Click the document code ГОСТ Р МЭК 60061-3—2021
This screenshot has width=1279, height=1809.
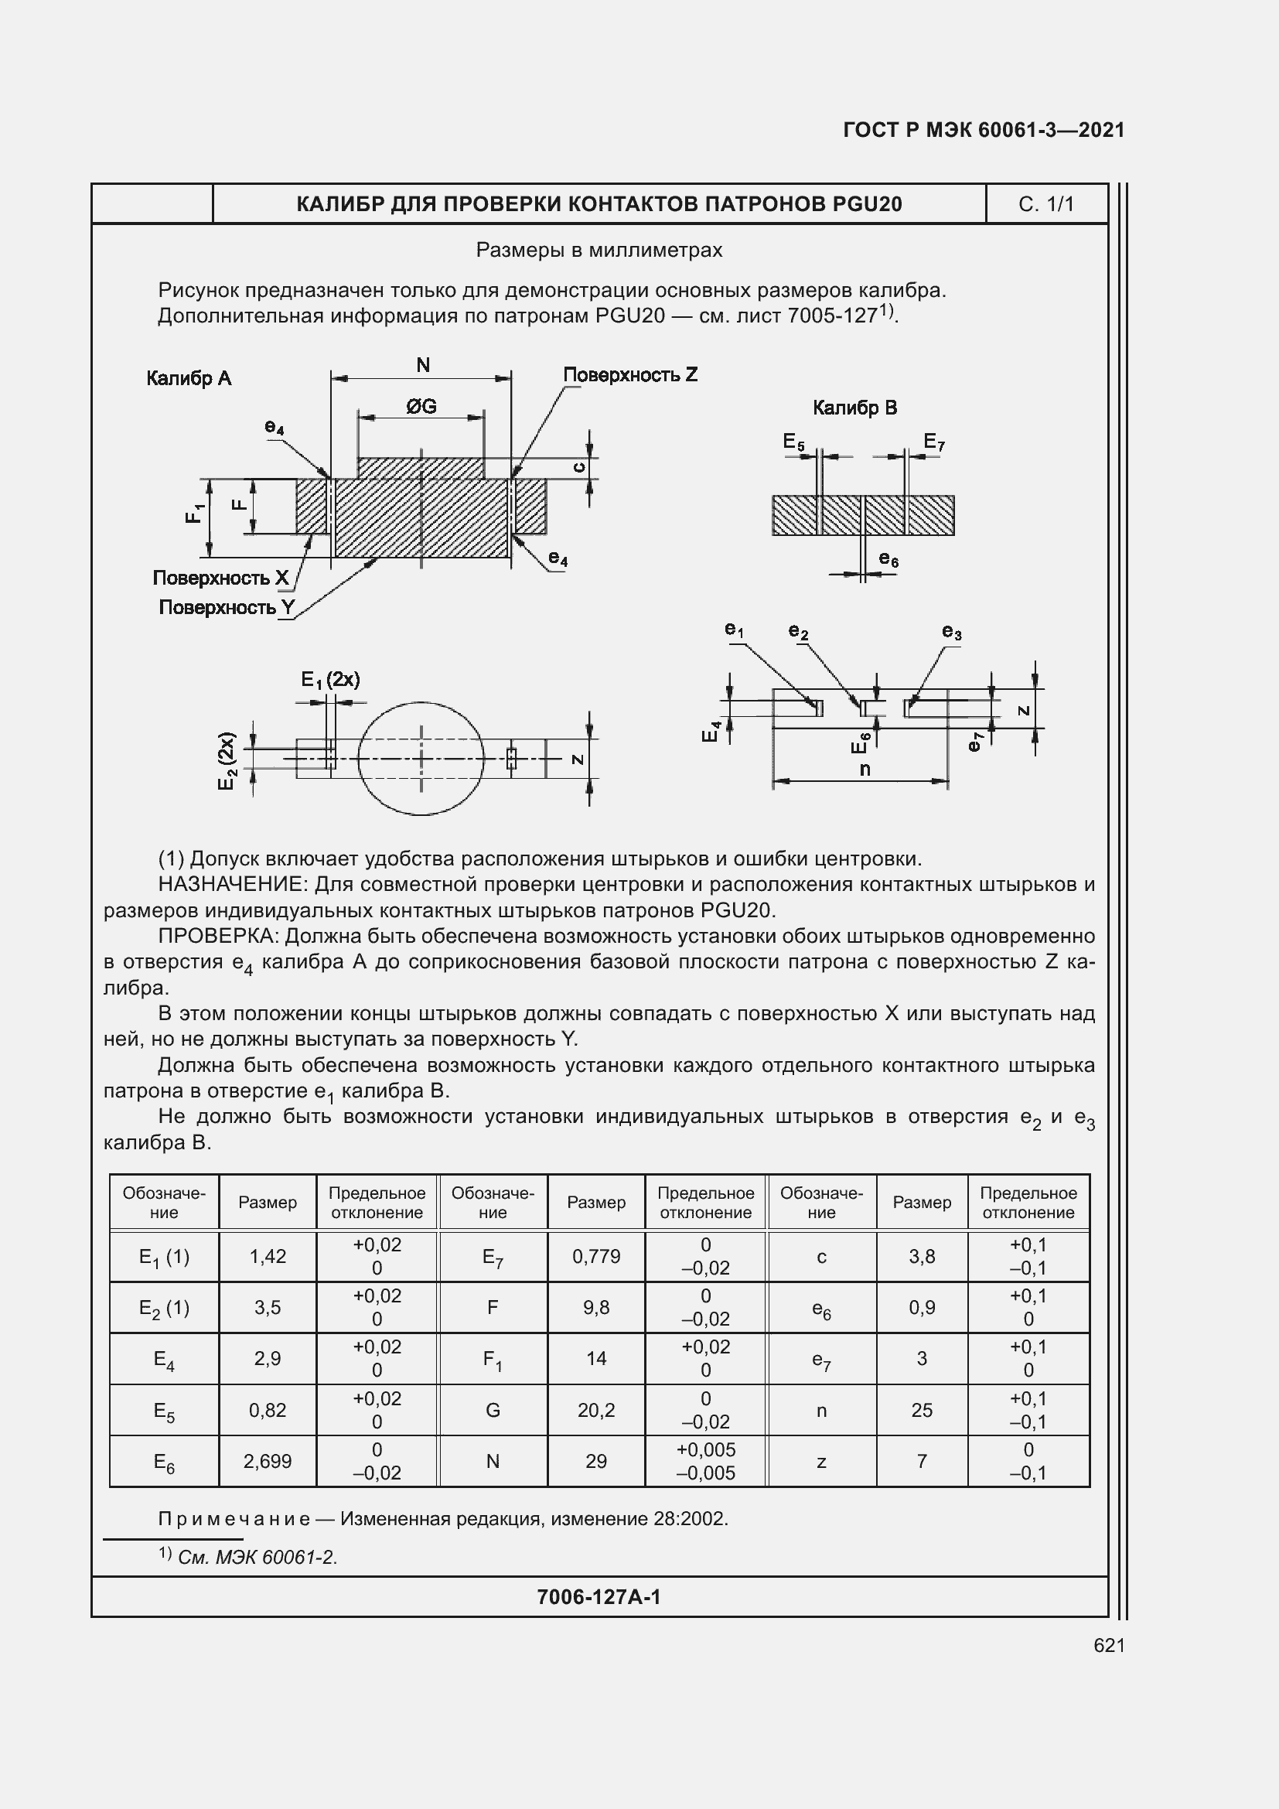983,130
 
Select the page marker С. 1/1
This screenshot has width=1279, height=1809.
1045,205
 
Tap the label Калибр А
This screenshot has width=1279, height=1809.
189,379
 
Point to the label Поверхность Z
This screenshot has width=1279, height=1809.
630,375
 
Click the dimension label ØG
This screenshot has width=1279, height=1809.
421,407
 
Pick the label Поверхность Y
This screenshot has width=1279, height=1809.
227,607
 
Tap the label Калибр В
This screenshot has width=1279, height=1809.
854,408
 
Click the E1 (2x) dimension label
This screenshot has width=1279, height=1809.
330,680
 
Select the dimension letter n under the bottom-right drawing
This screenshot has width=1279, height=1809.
865,769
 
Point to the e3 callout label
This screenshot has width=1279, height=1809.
951,632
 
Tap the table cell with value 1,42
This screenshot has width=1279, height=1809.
268,1256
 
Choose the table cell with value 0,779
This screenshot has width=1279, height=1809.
596,1256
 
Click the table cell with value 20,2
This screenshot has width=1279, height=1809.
596,1410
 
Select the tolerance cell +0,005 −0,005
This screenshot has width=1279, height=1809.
706,1462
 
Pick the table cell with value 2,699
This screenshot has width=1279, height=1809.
268,1462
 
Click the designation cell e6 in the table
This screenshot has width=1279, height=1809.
821,1308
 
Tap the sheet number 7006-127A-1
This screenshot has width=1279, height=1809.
599,1597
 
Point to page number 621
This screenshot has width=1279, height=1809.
1109,1645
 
